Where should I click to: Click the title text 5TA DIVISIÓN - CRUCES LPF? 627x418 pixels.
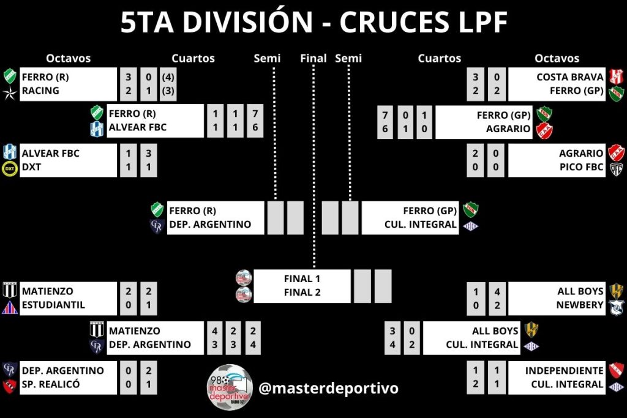pos(313,23)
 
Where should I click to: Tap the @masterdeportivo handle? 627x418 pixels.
pos(328,388)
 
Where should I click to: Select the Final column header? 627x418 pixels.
pos(313,58)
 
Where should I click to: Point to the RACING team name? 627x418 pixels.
pos(40,91)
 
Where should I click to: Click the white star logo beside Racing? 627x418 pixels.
pos(10,92)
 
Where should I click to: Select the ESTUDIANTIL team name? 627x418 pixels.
pos(53,305)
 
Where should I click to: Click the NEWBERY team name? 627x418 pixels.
pos(580,305)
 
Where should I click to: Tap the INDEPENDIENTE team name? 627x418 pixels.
pos(564,370)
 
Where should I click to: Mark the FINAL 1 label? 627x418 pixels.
pos(302,278)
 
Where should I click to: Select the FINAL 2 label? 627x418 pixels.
pos(302,293)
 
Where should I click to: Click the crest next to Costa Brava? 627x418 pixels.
pos(615,77)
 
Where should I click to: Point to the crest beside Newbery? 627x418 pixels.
pos(615,306)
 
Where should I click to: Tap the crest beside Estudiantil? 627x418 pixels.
pos(10,307)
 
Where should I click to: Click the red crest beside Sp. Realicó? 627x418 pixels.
pos(10,386)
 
